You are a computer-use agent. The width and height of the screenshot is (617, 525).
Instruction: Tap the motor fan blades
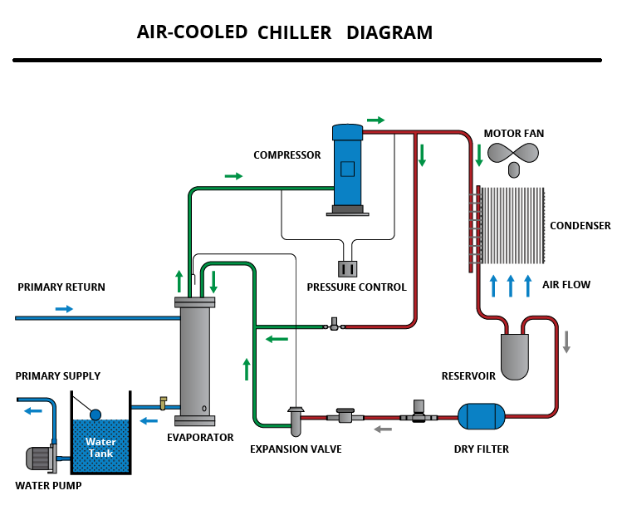click(x=513, y=154)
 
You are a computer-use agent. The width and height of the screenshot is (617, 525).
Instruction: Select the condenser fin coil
click(x=512, y=224)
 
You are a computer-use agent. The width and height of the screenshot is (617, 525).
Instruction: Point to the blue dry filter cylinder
click(x=482, y=415)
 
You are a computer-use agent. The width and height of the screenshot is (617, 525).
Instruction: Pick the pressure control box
click(x=347, y=268)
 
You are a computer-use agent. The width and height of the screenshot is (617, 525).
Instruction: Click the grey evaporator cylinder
click(x=195, y=359)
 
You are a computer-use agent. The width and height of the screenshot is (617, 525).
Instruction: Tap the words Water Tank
click(x=100, y=447)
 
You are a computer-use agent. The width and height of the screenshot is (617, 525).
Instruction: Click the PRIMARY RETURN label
click(x=61, y=287)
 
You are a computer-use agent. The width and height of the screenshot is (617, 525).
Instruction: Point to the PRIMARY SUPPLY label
click(x=58, y=376)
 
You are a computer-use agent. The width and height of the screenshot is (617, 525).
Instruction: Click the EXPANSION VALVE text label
click(x=296, y=449)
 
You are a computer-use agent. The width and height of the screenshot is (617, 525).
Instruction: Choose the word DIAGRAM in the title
click(x=389, y=33)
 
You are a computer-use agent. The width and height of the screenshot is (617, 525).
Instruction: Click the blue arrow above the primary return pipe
click(x=64, y=309)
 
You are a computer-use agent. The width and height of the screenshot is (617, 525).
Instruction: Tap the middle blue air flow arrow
click(x=511, y=285)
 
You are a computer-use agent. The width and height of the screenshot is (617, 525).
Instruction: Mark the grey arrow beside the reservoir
click(x=566, y=341)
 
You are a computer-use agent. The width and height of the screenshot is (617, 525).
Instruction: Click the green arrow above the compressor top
click(x=375, y=120)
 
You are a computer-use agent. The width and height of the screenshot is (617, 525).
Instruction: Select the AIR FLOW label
click(x=566, y=285)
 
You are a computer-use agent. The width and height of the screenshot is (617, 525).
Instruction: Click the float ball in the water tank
click(x=95, y=415)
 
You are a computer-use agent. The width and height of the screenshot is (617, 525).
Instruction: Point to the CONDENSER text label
click(x=580, y=226)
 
